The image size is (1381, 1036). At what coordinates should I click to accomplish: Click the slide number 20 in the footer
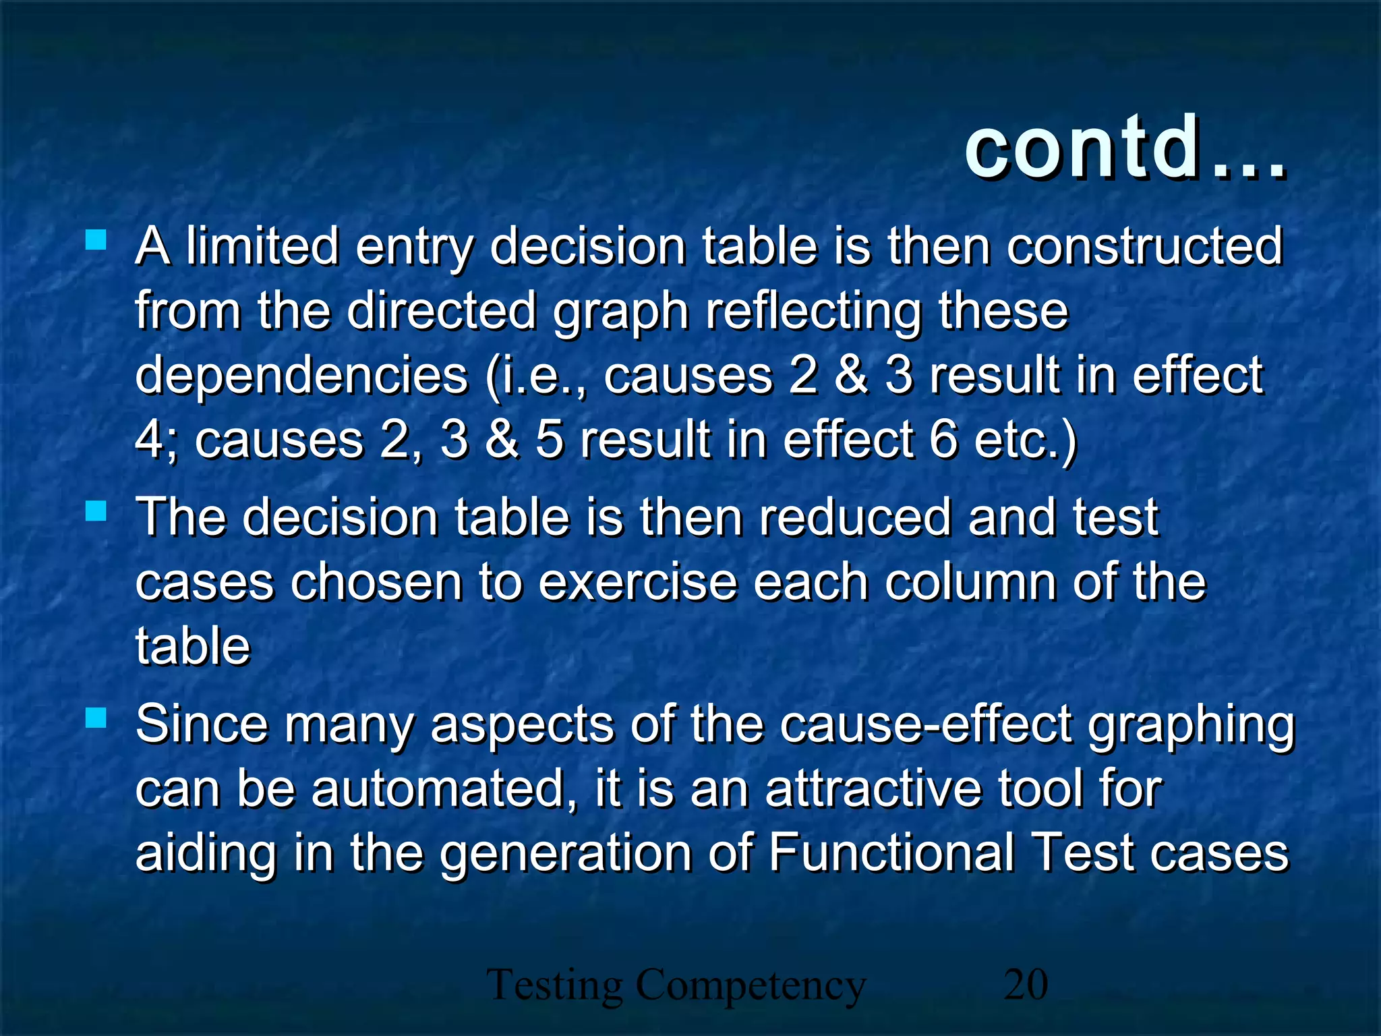pyautogui.click(x=1026, y=984)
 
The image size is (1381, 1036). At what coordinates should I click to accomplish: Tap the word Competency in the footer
pyautogui.click(x=751, y=986)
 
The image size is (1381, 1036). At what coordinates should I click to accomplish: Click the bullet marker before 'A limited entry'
pyautogui.click(x=96, y=240)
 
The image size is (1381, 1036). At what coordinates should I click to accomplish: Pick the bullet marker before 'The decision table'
pyautogui.click(x=96, y=511)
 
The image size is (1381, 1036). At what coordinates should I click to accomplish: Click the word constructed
pyautogui.click(x=1144, y=246)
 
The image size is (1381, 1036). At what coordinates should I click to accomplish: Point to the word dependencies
pyautogui.click(x=301, y=376)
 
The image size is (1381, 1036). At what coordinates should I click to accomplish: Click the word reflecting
pyautogui.click(x=813, y=311)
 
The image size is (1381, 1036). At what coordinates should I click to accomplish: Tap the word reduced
pyautogui.click(x=854, y=517)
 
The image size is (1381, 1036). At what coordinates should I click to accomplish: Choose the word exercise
pyautogui.click(x=637, y=582)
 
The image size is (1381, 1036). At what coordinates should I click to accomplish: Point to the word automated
pyautogui.click(x=437, y=788)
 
